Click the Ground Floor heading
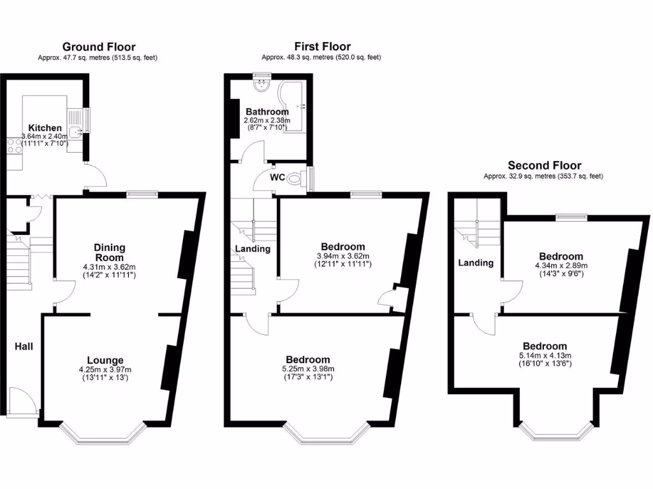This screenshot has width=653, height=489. tap(98, 46)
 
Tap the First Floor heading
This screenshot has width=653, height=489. tap(322, 46)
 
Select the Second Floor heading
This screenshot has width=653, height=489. tap(544, 166)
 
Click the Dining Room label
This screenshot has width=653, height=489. tap(109, 252)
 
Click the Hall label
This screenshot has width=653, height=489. tap(24, 346)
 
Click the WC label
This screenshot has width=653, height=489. tap(277, 177)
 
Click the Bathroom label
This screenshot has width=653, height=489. tap(267, 112)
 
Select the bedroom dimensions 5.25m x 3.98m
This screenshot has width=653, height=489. tap(308, 369)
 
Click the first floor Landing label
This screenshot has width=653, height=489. tap(253, 249)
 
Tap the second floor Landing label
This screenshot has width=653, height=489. tap(476, 262)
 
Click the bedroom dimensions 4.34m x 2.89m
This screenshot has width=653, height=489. tap(561, 266)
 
